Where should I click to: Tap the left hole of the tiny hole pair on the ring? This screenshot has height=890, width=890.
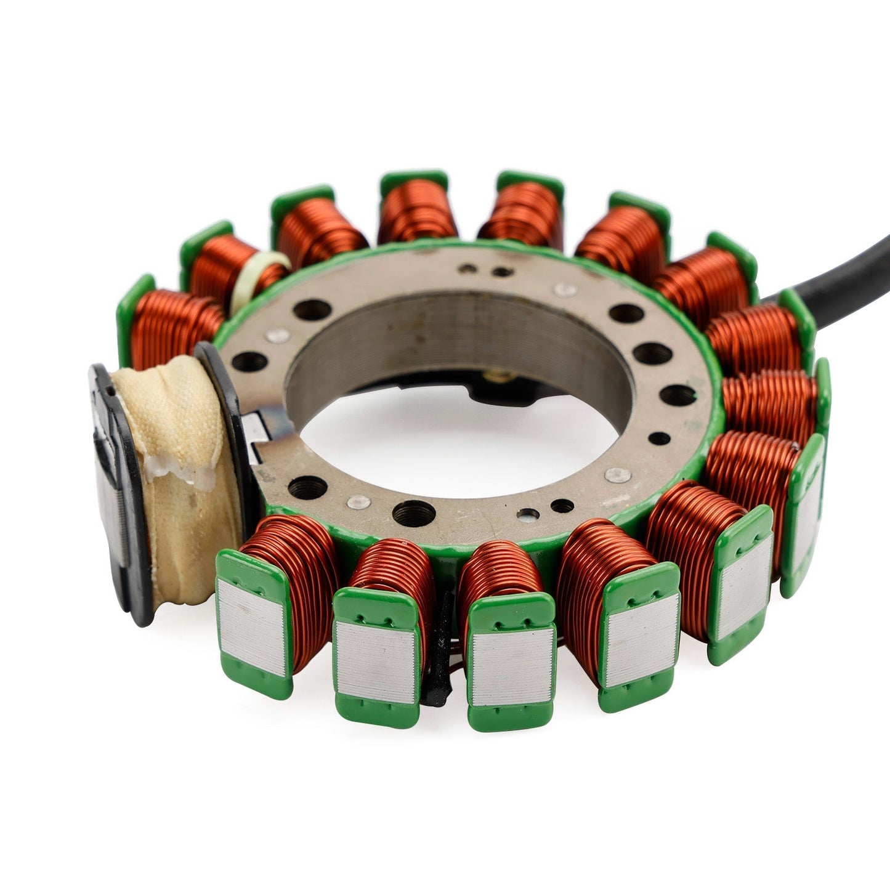(x=471, y=269)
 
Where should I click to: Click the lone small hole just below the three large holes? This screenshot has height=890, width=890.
(x=659, y=439)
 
